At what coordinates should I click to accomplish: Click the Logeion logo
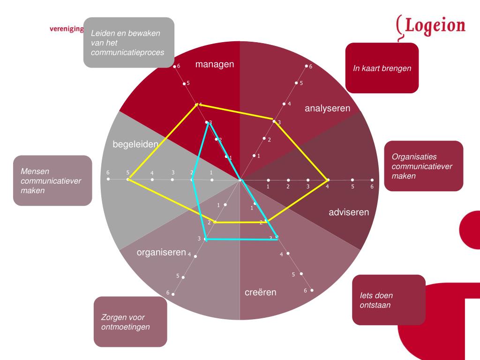click(431, 27)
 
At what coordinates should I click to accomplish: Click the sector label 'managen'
click(215, 64)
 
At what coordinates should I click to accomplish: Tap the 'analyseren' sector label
click(328, 108)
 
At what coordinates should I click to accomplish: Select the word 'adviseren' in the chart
click(349, 212)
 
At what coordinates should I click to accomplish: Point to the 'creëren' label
click(261, 292)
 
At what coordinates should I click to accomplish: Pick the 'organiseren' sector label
click(161, 252)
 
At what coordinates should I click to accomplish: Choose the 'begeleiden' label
click(135, 144)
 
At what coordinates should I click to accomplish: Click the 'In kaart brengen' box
click(382, 68)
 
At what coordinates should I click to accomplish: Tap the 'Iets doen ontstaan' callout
click(389, 300)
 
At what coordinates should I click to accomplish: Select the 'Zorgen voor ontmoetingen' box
click(130, 322)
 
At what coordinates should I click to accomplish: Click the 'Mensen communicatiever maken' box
click(52, 180)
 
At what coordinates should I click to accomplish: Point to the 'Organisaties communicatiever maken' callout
click(424, 166)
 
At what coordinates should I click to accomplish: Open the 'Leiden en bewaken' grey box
click(128, 43)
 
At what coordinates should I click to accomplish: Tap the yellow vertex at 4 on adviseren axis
click(328, 180)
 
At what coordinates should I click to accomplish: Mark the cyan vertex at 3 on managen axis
click(207, 123)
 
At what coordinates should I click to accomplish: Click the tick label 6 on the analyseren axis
click(311, 67)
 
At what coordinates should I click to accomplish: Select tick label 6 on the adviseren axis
click(372, 187)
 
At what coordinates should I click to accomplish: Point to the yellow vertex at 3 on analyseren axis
click(274, 121)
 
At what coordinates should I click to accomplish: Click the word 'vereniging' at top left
click(66, 29)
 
